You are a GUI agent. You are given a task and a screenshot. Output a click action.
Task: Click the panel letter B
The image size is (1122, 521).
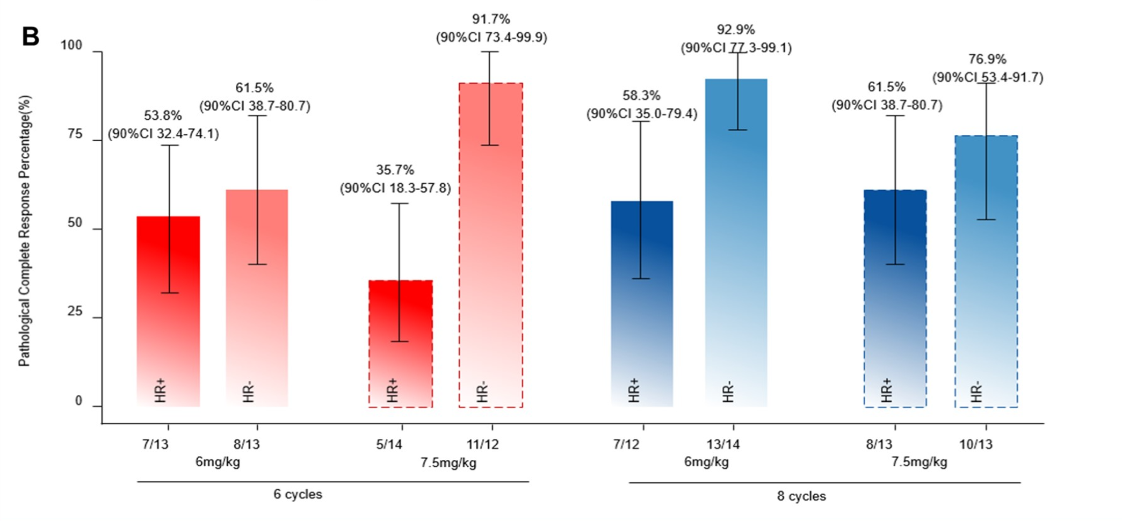[31, 37]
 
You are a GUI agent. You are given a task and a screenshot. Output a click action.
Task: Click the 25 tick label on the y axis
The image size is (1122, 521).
[75, 312]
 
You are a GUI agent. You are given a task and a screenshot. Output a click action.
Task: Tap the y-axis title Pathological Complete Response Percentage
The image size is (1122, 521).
[25, 231]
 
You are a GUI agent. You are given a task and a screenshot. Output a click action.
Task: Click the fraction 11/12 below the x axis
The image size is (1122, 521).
[482, 445]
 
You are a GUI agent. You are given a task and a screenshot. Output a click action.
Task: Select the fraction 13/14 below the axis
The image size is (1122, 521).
[723, 445]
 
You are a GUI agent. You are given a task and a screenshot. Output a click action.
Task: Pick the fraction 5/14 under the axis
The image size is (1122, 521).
[389, 445]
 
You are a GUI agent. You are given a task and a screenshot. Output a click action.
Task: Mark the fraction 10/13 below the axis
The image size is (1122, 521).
[975, 445]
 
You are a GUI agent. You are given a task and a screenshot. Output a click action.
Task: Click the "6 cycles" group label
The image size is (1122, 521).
[298, 495]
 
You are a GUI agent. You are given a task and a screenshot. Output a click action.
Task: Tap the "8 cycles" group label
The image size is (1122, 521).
[801, 496]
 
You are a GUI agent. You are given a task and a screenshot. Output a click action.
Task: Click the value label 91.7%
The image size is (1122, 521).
[491, 20]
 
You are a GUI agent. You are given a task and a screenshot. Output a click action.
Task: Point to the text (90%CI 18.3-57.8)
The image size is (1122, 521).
[395, 189]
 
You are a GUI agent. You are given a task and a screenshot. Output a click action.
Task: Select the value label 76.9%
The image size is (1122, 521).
[987, 60]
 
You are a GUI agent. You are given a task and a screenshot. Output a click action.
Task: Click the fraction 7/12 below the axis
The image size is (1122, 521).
[626, 445]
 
